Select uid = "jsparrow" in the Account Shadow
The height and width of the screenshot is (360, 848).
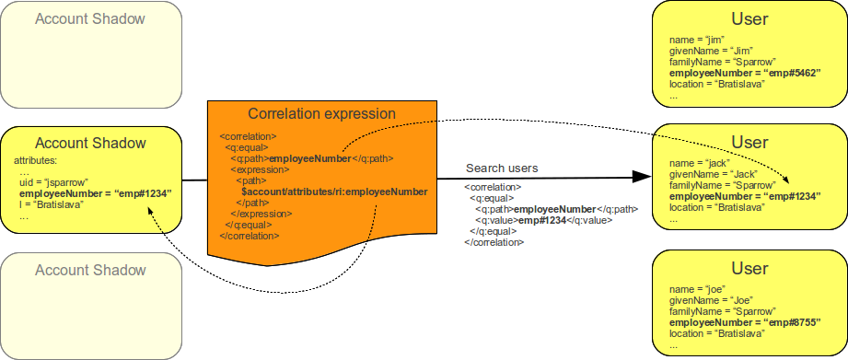point(53,182)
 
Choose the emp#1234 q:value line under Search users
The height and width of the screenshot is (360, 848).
point(542,220)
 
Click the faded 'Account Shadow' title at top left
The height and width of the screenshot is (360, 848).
point(90,18)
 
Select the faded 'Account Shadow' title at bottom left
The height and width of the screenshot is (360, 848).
point(90,270)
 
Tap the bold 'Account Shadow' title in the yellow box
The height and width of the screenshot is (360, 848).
point(90,143)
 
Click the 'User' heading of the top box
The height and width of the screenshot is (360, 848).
point(749,18)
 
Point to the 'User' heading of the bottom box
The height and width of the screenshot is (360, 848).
point(749,269)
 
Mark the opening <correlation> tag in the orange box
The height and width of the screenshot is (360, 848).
point(244,136)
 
